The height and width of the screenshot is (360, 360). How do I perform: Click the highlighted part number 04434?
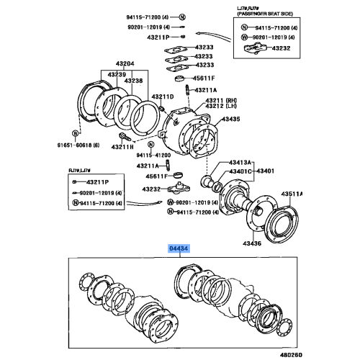[x=179, y=248]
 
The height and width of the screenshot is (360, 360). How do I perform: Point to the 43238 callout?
[x=133, y=81]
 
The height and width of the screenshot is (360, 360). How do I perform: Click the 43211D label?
[x=163, y=96]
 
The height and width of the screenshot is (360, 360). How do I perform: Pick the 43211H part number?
[x=123, y=146]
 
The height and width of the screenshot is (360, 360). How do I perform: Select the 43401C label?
[x=241, y=171]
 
